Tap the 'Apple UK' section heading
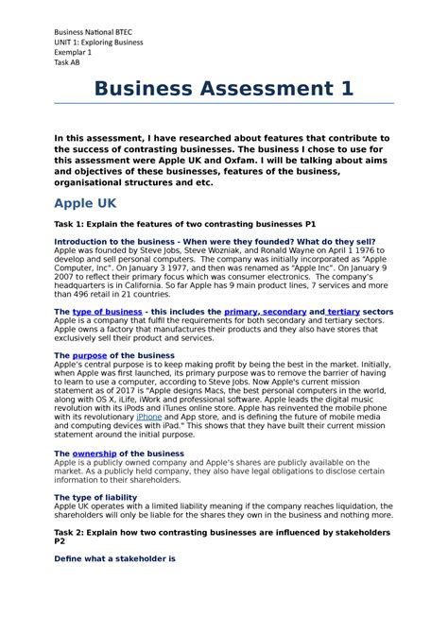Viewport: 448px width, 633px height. pyautogui.click(x=86, y=203)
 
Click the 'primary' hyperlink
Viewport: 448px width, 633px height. pyautogui.click(x=241, y=311)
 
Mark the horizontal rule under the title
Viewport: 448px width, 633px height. pyautogui.click(x=224, y=103)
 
